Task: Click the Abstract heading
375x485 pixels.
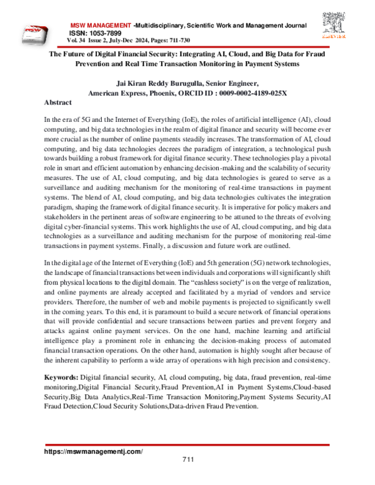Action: click(59, 102)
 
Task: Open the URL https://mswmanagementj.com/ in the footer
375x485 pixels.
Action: click(93, 451)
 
